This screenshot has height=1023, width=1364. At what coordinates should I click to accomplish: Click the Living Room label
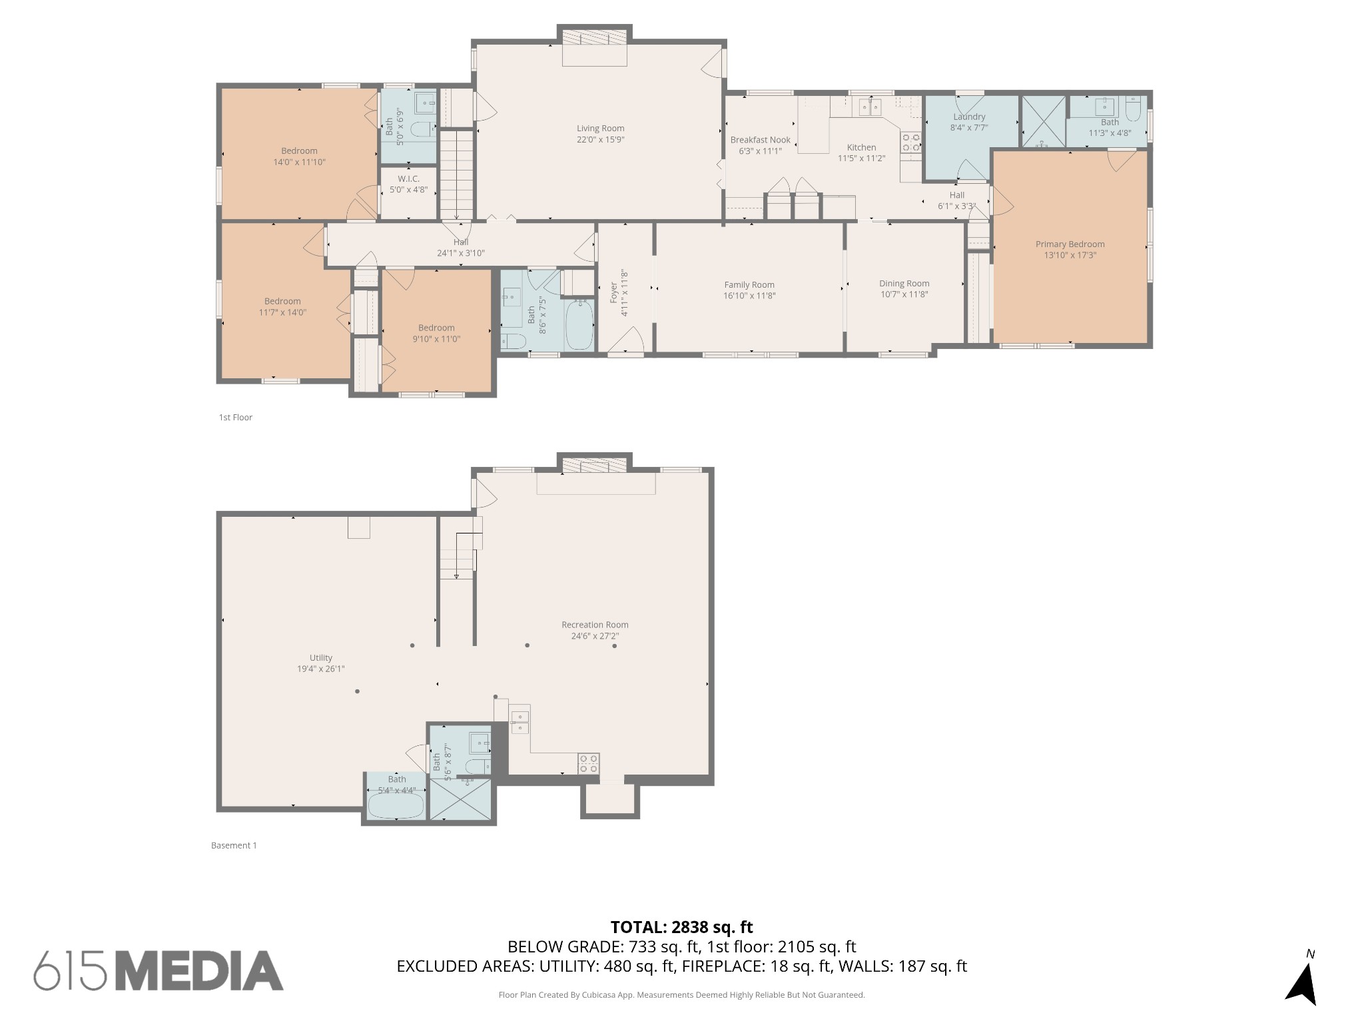[600, 129]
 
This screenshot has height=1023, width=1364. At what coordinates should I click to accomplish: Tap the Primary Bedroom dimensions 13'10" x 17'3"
[1070, 255]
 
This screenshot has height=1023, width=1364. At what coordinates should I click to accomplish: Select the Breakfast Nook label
[760, 140]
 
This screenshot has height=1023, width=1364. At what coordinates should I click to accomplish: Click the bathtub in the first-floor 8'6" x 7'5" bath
[579, 324]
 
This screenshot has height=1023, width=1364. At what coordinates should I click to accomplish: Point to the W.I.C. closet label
[408, 178]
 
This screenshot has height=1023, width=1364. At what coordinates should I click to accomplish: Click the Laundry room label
[968, 117]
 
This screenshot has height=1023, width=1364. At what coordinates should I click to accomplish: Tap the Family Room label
[749, 284]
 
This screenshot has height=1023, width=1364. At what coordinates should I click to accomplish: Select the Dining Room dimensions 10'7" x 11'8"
[904, 294]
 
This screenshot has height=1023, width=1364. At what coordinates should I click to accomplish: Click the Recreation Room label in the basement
[595, 625]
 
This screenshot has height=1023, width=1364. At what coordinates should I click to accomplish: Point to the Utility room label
[320, 657]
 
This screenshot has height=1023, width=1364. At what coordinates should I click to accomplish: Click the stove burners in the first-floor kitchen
[910, 143]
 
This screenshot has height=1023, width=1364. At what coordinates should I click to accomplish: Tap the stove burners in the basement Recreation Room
[588, 763]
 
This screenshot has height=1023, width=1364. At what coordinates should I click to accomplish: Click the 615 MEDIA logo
[159, 970]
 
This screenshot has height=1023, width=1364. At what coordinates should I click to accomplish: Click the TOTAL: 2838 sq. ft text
[681, 927]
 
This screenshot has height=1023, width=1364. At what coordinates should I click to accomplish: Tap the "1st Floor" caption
[236, 418]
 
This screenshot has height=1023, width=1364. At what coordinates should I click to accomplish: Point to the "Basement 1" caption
[234, 845]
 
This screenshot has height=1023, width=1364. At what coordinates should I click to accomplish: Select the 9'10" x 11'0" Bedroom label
[436, 328]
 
